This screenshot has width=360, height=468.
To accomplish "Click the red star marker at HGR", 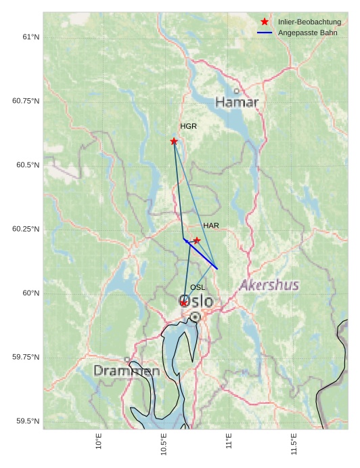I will (x=174, y=141).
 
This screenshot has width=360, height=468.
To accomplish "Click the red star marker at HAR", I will (x=197, y=240).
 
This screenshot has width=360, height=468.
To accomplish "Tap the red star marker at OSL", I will (x=183, y=303).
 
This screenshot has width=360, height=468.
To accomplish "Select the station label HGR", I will (x=188, y=127).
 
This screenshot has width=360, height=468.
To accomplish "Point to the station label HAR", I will (x=211, y=226).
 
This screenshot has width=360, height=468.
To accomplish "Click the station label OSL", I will (x=198, y=288).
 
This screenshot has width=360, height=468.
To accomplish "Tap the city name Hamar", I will (x=237, y=103).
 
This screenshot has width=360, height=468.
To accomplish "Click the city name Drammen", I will (x=127, y=371).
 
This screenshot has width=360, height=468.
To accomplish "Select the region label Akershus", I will (x=269, y=285).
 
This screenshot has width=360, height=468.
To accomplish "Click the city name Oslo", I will (x=196, y=301).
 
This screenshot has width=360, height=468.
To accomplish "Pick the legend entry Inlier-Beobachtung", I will (x=309, y=22).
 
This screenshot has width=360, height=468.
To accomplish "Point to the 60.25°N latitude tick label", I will (x=26, y=229).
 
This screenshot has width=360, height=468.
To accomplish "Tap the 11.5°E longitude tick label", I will (x=294, y=444).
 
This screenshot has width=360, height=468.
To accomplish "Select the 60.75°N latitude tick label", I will (x=26, y=101).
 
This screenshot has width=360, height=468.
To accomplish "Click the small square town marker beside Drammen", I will (x=127, y=360).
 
